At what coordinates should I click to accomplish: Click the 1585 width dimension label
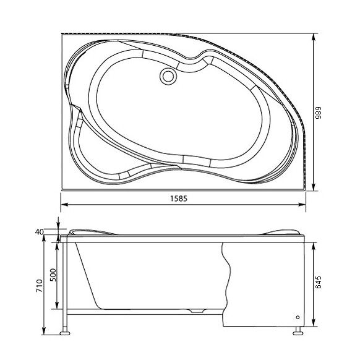179,198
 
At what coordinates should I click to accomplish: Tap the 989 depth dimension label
318,113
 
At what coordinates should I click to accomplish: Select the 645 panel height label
318,283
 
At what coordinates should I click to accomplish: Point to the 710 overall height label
40,286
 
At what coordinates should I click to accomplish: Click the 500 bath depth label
53,275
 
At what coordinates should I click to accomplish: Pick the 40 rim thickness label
39,232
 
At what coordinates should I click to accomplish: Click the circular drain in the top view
168,77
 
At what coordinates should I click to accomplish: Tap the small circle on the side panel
298,317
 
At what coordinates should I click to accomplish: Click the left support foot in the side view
65,333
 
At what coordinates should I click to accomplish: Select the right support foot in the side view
298,333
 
